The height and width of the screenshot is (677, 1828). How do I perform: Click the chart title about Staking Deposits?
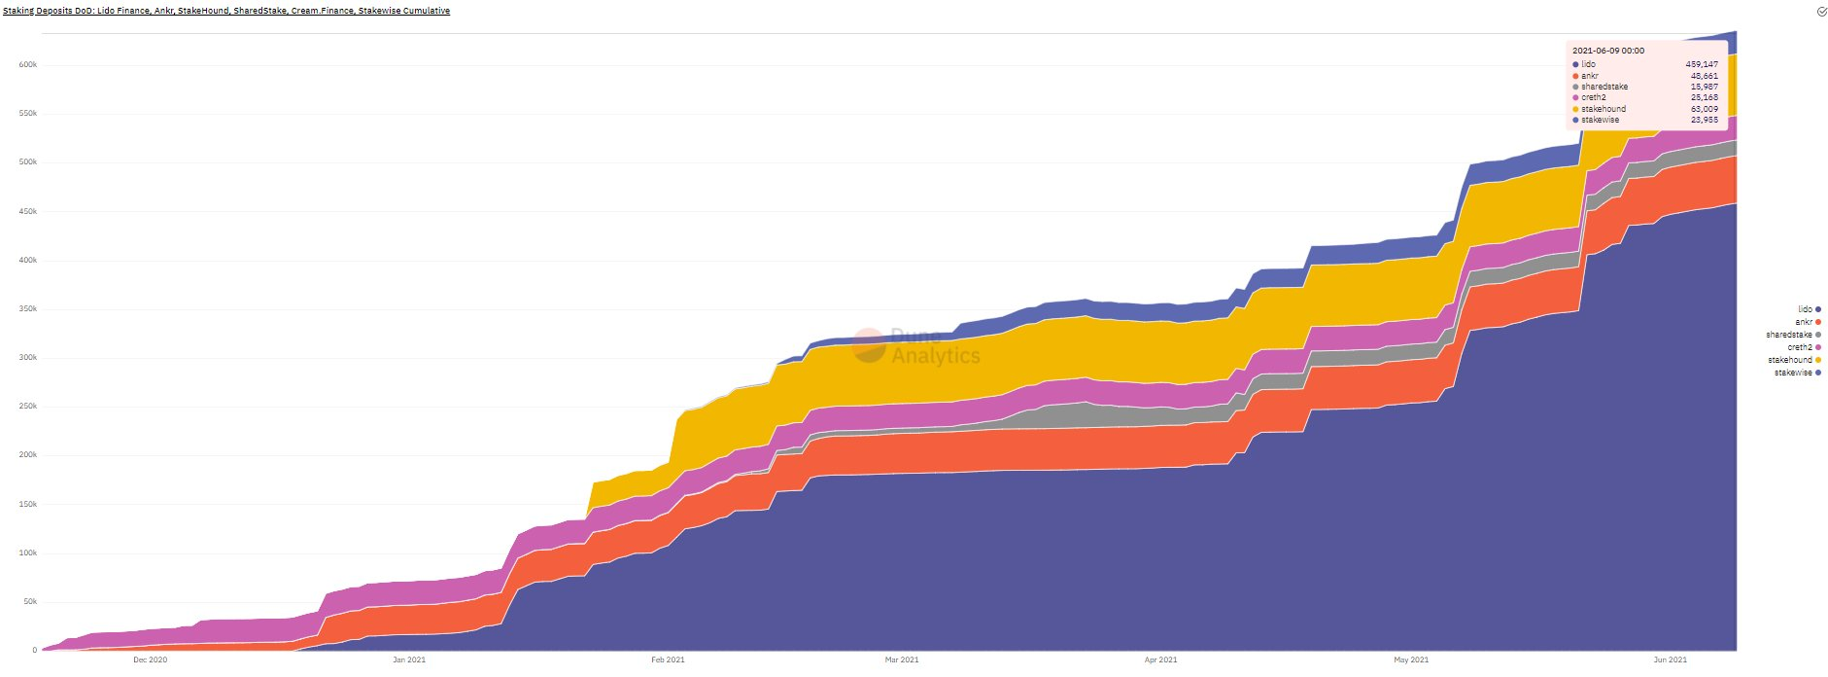pos(226,11)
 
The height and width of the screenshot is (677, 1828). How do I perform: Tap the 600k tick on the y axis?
pos(27,65)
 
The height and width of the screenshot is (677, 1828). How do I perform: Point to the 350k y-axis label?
pos(27,309)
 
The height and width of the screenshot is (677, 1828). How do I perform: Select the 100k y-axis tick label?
pos(27,553)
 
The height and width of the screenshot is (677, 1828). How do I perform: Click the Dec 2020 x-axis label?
pos(150,659)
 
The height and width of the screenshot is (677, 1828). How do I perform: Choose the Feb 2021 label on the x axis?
pos(668,659)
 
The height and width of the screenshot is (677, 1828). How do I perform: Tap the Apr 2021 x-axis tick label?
pos(1160,659)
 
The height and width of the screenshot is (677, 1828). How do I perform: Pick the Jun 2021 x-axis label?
pos(1670,659)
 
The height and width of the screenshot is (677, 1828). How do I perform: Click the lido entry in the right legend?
pos(1805,309)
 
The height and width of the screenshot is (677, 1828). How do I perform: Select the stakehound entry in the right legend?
pos(1790,360)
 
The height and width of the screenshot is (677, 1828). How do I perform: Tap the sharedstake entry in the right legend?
pos(1789,335)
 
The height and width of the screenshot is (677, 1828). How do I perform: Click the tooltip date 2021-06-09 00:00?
pos(1608,51)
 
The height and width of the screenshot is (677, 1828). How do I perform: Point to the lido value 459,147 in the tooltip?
pos(1702,64)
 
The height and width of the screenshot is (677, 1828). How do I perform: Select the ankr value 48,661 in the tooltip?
pos(1704,76)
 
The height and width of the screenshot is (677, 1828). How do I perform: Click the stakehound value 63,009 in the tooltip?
pos(1704,109)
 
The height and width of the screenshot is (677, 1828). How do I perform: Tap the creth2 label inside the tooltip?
pos(1593,97)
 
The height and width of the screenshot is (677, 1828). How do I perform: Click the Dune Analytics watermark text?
pos(934,347)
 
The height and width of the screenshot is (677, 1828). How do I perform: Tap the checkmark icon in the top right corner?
pos(1821,12)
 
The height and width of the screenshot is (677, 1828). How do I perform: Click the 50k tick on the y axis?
pos(29,602)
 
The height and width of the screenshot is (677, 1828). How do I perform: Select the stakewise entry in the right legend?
pos(1793,373)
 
